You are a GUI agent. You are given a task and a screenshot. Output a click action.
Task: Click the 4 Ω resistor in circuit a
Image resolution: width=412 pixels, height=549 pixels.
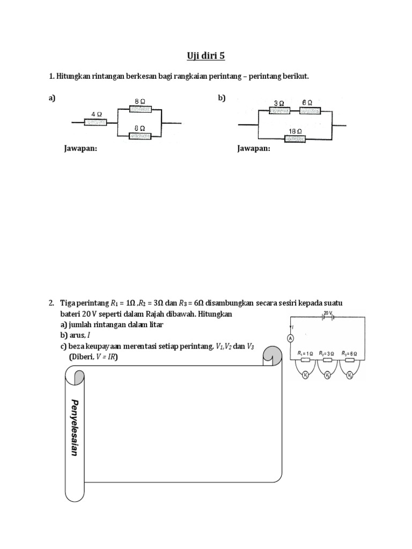(x=95, y=122)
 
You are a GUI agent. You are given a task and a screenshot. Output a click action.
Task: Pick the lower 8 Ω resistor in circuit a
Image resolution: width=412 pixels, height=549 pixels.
(x=139, y=137)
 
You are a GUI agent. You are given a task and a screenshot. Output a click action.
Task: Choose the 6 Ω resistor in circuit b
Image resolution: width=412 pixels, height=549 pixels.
(x=310, y=111)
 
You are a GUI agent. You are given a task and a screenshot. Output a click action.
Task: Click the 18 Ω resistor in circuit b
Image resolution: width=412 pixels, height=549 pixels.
(x=295, y=139)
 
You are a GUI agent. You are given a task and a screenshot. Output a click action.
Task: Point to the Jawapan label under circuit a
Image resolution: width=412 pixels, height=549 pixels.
(x=81, y=149)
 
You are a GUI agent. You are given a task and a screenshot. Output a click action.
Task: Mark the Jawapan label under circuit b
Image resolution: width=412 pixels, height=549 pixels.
(x=254, y=149)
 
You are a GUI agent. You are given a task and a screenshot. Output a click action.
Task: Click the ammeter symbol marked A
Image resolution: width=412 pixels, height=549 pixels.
(x=290, y=338)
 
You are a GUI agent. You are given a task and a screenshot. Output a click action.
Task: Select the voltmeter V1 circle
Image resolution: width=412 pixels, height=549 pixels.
(x=304, y=376)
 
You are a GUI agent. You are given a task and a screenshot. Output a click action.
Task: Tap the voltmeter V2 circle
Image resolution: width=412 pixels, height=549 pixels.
(x=327, y=376)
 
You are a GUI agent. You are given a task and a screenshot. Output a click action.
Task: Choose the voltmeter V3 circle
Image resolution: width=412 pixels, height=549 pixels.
(x=349, y=376)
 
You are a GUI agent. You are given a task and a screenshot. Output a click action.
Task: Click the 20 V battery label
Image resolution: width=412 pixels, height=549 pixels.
(x=328, y=311)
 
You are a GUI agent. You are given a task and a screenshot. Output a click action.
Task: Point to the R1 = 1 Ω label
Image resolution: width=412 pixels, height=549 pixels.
(x=306, y=353)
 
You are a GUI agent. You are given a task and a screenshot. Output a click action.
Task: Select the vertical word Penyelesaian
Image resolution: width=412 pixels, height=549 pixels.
(x=75, y=427)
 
